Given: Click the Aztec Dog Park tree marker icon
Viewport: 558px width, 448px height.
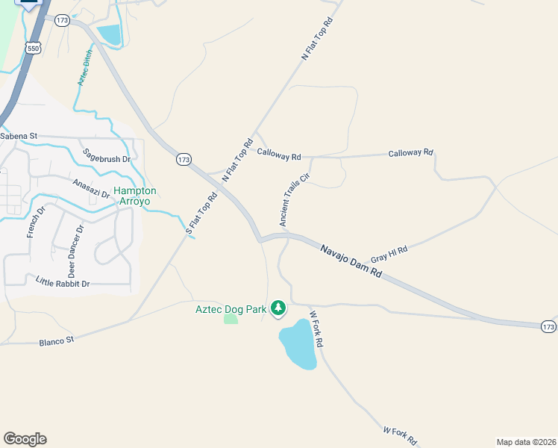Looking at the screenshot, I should (278, 308).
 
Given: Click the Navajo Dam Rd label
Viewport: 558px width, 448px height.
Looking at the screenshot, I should (351, 261).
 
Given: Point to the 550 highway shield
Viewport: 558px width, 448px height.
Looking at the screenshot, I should (33, 48).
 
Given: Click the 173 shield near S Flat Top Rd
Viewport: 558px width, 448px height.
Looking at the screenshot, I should (184, 159).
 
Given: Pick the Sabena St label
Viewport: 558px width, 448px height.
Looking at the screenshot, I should (19, 137).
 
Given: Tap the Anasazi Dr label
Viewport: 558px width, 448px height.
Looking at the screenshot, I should (91, 188).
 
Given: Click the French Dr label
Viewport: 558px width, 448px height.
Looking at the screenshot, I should (31, 223).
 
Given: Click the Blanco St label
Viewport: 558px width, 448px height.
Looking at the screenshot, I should (57, 340).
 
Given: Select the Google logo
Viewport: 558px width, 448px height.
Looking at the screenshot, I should (25, 439).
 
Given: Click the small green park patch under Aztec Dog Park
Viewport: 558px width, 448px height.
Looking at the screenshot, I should (231, 320).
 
